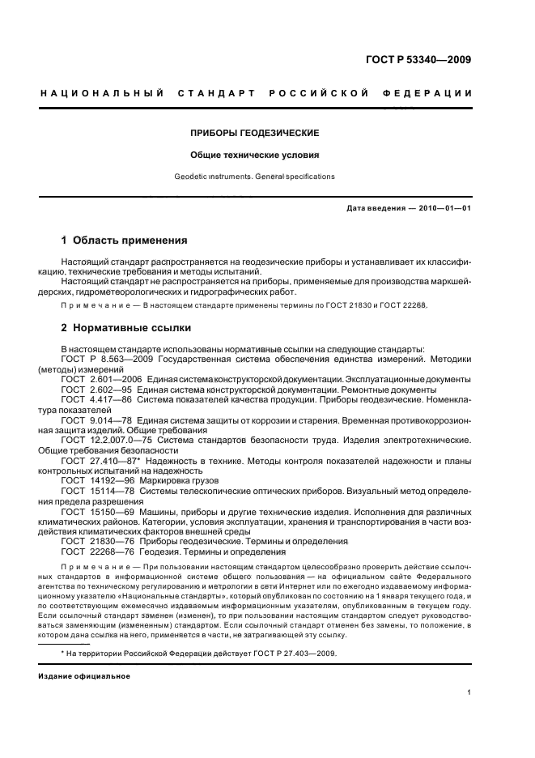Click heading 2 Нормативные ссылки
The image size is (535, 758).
click(x=126, y=328)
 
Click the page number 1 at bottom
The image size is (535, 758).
click(x=469, y=692)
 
